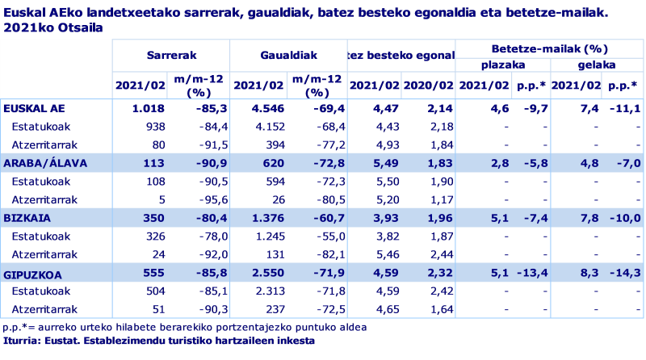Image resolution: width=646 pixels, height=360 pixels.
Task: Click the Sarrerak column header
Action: pos(170,56)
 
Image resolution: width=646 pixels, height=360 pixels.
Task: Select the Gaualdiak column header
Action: pos(288,56)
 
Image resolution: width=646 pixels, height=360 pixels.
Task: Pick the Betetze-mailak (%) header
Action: pos(550,48)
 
